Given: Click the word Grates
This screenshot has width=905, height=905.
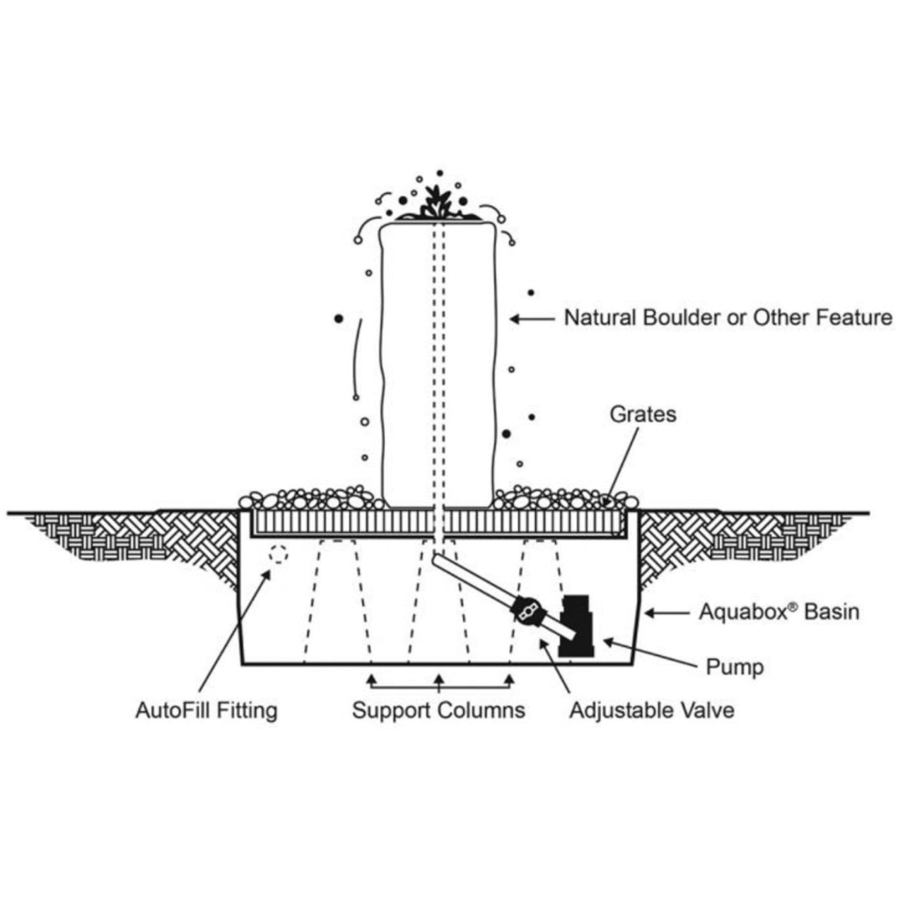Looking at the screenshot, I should (x=643, y=414).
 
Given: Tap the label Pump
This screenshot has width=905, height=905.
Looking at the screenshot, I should (x=735, y=667).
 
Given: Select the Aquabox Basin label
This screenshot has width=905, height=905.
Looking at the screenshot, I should (x=779, y=612).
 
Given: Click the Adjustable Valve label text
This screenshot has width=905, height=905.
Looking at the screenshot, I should (x=652, y=710).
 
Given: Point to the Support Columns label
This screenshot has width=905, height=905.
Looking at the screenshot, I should (x=438, y=710).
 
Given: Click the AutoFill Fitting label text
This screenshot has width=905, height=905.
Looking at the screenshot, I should (x=206, y=710).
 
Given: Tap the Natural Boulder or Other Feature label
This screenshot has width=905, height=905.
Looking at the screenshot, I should (x=728, y=317).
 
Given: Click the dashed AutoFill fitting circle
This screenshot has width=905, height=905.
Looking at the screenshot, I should (x=279, y=555).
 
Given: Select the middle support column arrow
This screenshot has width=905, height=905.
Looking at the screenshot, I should (x=439, y=680).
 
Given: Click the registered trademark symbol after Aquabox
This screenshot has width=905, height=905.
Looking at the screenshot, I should (x=795, y=606).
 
